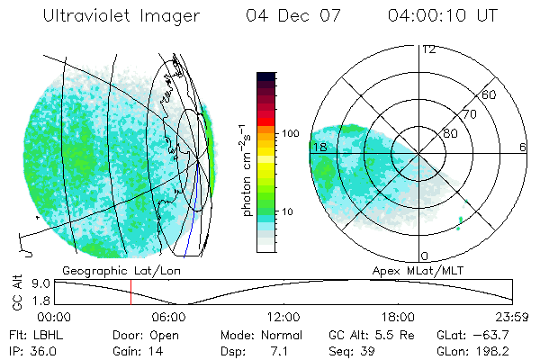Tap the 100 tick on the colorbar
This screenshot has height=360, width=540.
pyautogui.click(x=289, y=133)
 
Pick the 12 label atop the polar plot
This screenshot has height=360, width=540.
pyautogui.click(x=428, y=49)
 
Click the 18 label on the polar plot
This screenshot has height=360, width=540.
pyautogui.click(x=319, y=147)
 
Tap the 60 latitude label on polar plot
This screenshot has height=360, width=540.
pyautogui.click(x=490, y=94)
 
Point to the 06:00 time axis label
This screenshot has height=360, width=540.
pyautogui.click(x=169, y=317)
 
